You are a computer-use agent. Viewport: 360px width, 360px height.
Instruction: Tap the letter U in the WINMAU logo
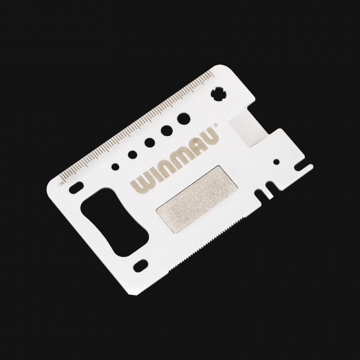tap(210, 137)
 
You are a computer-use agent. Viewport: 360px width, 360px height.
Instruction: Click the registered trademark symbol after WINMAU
tap(215, 124)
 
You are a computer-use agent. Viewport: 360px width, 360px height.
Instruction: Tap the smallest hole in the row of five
tap(116, 166)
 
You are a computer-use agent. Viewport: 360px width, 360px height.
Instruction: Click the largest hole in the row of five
tap(183, 117)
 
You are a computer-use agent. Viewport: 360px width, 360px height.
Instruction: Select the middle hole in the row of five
tap(150, 142)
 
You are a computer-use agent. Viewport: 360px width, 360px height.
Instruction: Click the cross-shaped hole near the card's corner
tap(218, 93)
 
